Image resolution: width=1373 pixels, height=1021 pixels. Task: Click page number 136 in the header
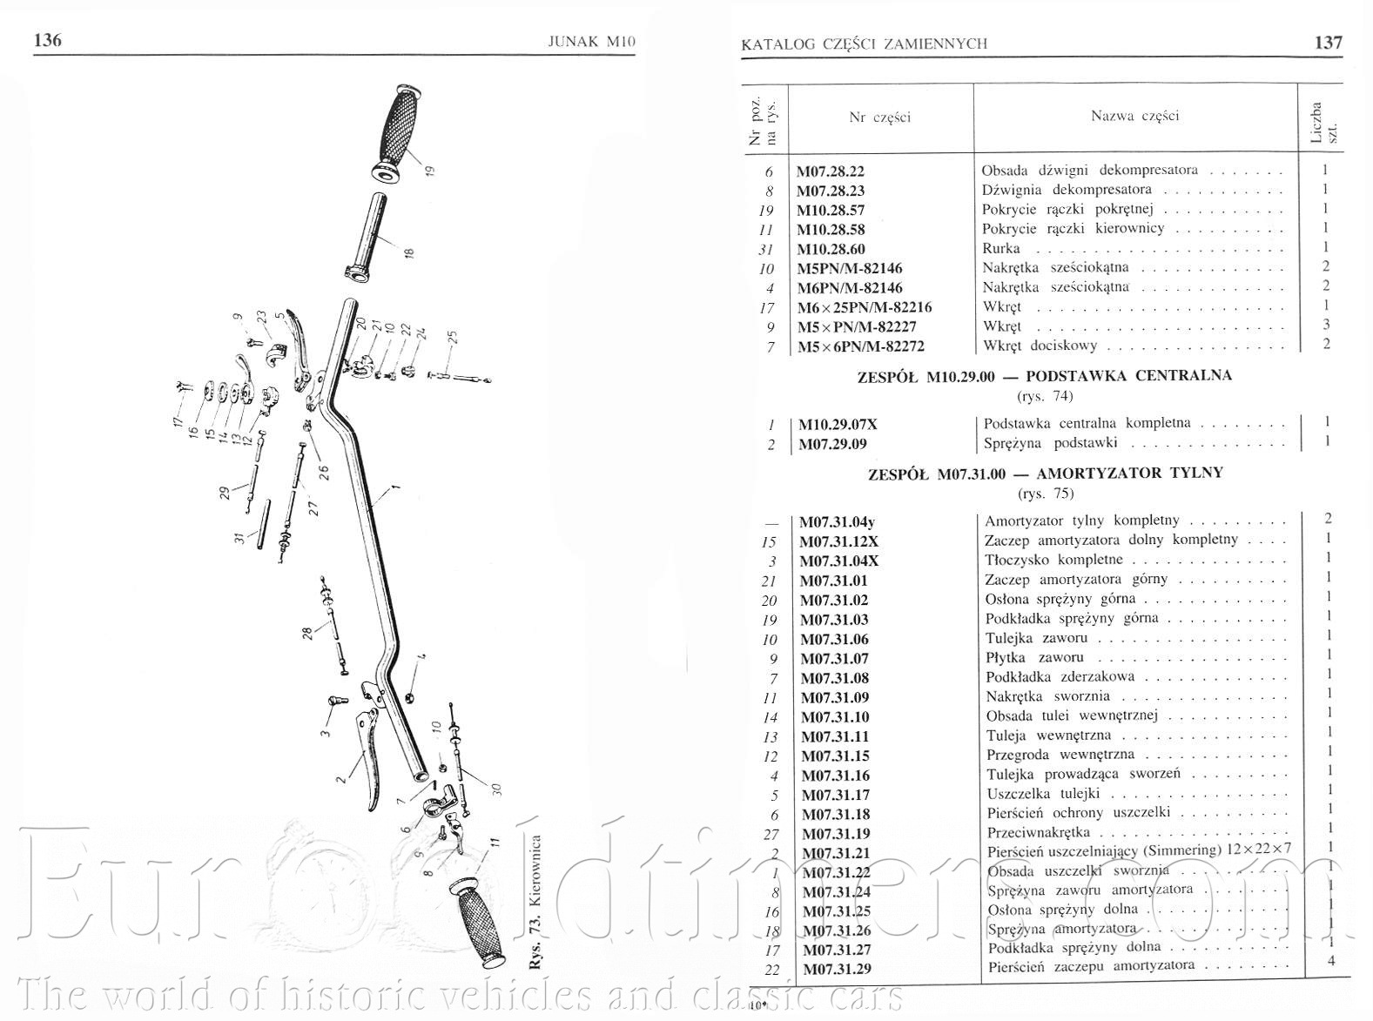click(47, 40)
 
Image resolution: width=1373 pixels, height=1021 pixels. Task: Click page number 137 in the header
click(1328, 42)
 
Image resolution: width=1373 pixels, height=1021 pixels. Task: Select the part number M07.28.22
click(831, 171)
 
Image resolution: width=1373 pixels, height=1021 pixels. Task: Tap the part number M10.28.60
click(831, 249)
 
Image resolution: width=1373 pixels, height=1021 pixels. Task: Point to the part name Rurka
click(1000, 248)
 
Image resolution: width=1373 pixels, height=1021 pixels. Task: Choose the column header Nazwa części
click(1134, 116)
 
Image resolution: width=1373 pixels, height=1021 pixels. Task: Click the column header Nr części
click(879, 118)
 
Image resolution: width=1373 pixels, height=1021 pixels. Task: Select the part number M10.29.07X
click(838, 425)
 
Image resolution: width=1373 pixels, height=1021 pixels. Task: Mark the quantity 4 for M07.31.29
click(1330, 961)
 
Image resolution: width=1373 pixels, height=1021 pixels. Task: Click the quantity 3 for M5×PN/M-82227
click(1326, 325)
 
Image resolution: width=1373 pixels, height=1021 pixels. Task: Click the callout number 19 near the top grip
click(428, 170)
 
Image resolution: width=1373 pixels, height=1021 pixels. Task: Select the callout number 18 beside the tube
click(408, 253)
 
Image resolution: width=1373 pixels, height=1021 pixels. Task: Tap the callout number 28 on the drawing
click(307, 632)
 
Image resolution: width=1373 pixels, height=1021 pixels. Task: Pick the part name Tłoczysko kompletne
click(1053, 560)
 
